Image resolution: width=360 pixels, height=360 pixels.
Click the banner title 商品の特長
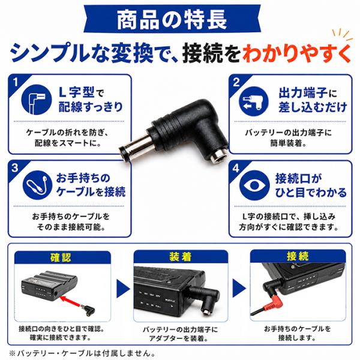tap(172, 19)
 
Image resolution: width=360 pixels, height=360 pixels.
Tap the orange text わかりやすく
tap(297, 54)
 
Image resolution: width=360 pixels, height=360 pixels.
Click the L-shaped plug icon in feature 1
tap(37, 100)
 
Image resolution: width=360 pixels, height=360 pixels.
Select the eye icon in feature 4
tap(254, 185)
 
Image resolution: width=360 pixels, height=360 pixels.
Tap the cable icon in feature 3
tap(37, 185)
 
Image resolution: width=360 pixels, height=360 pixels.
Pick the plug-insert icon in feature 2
tap(254, 101)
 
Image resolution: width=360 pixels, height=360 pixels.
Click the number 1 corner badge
tap(15, 82)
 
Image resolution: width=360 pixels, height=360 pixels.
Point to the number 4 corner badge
tap(236, 169)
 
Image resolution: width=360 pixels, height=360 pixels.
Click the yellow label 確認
tap(61, 257)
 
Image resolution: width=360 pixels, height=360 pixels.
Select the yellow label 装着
tap(181, 256)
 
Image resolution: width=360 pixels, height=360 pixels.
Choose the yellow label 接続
tap(298, 256)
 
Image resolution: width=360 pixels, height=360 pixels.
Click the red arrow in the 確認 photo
tap(71, 301)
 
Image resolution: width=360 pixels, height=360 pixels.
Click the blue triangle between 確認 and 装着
tap(122, 289)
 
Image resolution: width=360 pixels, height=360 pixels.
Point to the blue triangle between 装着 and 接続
tap(238, 288)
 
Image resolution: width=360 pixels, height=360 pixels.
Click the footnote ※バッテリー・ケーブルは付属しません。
tap(82, 353)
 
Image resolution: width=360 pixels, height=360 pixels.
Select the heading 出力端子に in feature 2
tap(308, 93)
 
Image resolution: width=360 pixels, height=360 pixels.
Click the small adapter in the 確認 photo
tap(88, 310)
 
